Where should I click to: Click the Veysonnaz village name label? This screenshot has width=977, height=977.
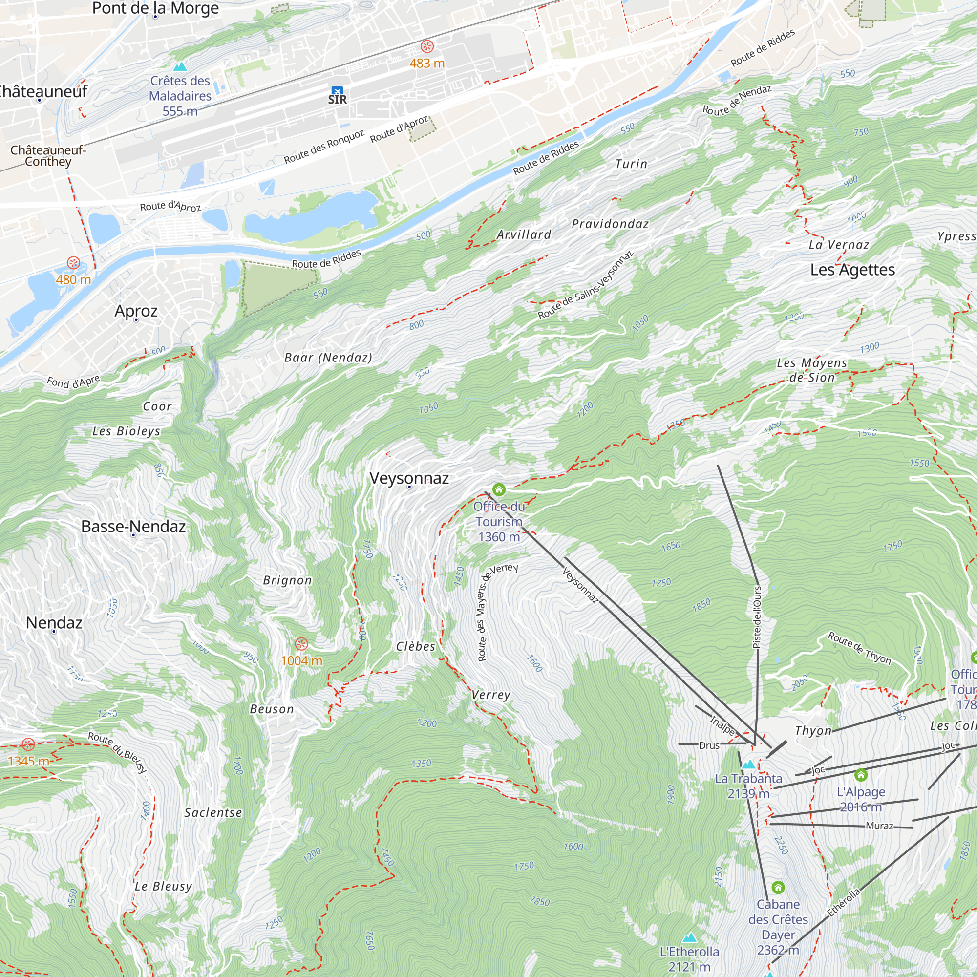coord(408,478)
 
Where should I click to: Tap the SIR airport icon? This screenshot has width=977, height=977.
coord(337,91)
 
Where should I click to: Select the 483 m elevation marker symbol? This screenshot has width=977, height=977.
coord(427,47)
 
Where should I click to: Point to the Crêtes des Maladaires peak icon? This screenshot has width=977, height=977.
coord(180,66)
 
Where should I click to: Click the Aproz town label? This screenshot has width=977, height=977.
coord(135,311)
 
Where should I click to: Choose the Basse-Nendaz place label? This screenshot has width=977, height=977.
coord(133,527)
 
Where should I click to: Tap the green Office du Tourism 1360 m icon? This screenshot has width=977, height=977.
coord(499,489)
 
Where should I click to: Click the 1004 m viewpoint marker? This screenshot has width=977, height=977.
coord(301,644)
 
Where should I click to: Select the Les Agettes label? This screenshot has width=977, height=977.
coord(852,270)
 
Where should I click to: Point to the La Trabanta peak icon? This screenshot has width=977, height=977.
coord(748,764)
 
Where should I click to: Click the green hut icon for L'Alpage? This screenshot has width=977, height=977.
coord(861,775)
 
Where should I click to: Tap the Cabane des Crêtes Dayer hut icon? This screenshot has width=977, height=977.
coord(778,887)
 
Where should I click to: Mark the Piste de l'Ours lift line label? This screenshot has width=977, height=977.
coord(757,617)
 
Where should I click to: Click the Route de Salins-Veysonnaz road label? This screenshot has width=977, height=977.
coord(585,285)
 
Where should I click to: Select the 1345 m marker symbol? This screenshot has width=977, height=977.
coord(28,744)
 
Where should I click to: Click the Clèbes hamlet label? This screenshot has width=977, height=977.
coord(415,646)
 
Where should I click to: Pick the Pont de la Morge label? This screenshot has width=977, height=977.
coord(155,8)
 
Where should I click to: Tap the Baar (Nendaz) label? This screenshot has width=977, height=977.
coord(328,358)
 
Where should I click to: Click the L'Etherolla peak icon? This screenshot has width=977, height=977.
coord(689,937)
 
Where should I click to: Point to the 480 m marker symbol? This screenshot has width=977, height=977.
coord(73,262)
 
